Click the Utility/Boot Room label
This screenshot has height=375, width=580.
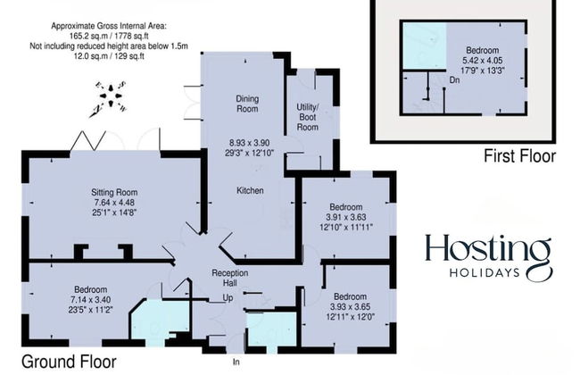click(x=308, y=117)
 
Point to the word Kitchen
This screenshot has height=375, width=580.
click(x=249, y=191)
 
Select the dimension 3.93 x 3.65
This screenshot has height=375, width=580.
click(x=349, y=308)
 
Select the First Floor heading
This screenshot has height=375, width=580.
click(x=519, y=156)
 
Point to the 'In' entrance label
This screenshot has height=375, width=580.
click(x=236, y=362)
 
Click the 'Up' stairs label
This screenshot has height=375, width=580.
click(x=228, y=297)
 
